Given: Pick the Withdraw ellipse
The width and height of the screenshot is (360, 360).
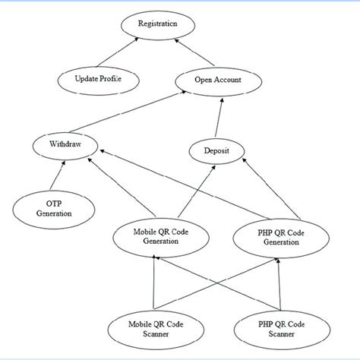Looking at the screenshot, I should (x=65, y=144).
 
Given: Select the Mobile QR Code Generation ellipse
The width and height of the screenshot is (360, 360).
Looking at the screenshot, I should (x=156, y=236).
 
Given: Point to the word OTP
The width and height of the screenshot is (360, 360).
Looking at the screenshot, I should (x=52, y=203).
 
